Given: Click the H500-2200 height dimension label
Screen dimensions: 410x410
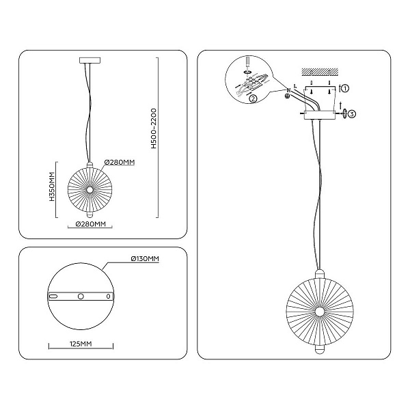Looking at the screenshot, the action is (x=154, y=128).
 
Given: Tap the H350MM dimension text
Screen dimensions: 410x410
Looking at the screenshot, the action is (x=53, y=186).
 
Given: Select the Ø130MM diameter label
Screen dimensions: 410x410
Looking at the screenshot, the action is (x=145, y=258).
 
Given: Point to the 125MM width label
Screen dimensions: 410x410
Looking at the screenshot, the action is (x=81, y=344).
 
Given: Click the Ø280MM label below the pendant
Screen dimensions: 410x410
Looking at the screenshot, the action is (x=90, y=224).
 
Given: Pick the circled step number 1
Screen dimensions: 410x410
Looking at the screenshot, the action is (x=345, y=88).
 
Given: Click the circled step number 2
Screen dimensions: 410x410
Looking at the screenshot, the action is (x=253, y=98).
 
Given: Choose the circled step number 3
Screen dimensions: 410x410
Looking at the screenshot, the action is (x=352, y=114).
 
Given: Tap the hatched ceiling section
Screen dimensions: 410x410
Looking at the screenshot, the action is (x=320, y=72).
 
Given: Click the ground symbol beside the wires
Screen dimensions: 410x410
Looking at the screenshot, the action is (x=287, y=96).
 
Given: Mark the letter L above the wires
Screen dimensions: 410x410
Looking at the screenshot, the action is (x=295, y=85).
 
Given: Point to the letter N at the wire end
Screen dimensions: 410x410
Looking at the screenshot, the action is (x=288, y=90).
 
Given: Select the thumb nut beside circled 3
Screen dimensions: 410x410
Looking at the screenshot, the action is (x=344, y=113).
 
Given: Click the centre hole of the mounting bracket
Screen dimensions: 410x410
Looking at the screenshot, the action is (x=81, y=297).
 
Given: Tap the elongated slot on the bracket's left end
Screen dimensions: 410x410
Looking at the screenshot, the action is (x=53, y=297).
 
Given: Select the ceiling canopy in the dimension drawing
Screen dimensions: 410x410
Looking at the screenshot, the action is (x=90, y=60).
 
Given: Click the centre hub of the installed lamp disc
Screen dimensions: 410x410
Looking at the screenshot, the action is (x=319, y=312).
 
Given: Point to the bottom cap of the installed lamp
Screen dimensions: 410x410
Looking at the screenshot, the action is (x=319, y=350).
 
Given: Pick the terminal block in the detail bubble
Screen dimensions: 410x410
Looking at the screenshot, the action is (x=251, y=82).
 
